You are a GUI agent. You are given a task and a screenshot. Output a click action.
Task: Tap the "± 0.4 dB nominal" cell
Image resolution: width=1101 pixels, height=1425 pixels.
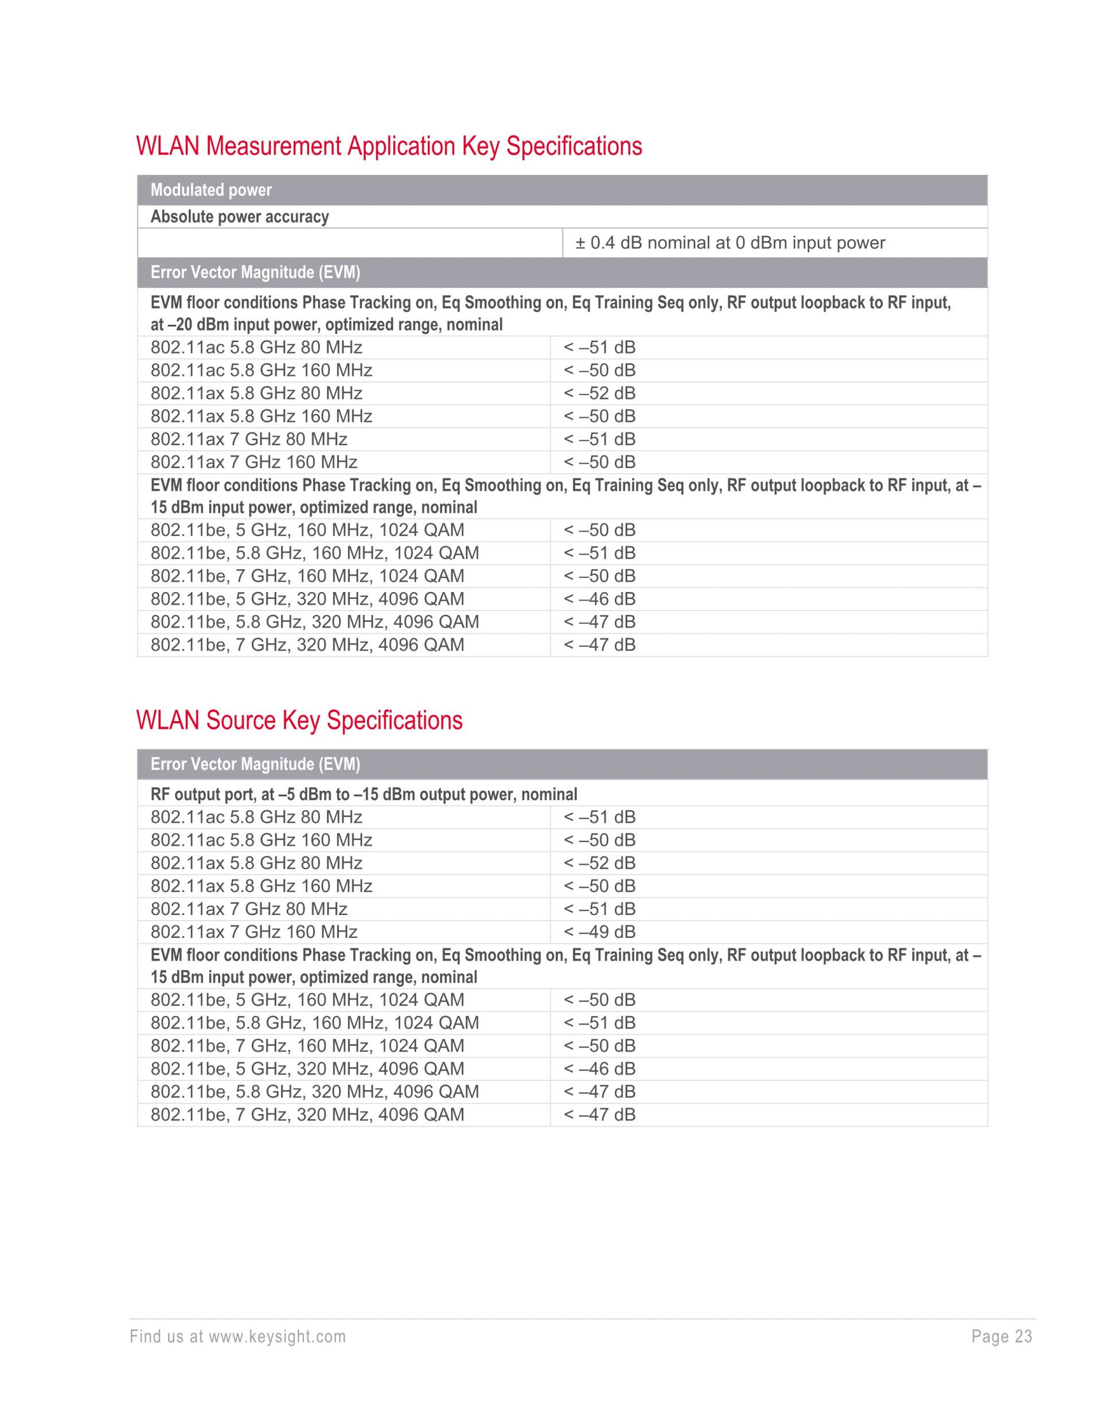(730, 243)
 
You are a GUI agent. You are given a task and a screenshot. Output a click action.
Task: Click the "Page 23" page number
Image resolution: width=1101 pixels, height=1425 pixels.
(1001, 1337)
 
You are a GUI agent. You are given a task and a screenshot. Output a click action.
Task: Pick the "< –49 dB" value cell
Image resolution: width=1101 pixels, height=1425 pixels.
(599, 932)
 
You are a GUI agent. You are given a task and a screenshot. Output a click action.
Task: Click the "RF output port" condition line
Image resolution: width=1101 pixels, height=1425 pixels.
(364, 794)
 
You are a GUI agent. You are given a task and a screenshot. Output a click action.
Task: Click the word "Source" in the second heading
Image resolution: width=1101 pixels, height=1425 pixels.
(241, 721)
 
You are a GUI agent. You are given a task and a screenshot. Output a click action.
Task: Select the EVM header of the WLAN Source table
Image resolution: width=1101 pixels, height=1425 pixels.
(255, 764)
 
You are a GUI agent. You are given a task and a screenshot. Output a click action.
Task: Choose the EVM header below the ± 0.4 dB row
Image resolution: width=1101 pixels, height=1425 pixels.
(255, 272)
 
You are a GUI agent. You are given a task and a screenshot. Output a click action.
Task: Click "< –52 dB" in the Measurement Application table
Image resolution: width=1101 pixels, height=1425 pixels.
(599, 394)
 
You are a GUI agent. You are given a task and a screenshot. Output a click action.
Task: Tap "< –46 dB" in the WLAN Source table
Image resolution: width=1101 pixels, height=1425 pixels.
(599, 1069)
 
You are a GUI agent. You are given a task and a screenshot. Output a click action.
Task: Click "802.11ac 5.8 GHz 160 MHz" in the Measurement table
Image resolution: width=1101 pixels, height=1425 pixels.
(261, 371)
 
